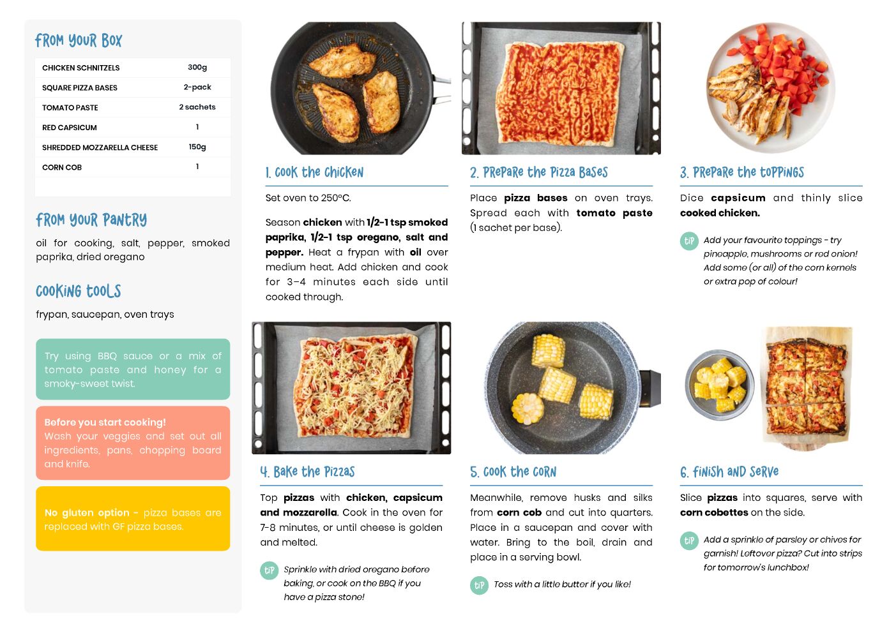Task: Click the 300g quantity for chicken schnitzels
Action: click(197, 67)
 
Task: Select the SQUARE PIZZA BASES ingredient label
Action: click(80, 87)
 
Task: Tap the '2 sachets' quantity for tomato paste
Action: click(197, 107)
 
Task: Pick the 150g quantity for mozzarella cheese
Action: click(197, 147)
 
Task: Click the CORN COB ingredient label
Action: click(61, 167)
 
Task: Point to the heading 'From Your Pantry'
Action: click(91, 220)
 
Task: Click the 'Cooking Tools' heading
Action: click(79, 291)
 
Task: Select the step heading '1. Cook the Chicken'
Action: click(314, 172)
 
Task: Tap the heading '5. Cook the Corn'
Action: click(513, 472)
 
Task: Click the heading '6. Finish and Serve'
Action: click(729, 472)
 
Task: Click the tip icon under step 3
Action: click(689, 241)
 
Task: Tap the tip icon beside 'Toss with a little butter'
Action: click(479, 585)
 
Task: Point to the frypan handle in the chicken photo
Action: click(441, 89)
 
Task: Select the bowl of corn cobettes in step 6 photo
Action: click(719, 385)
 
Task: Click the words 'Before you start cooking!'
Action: click(105, 422)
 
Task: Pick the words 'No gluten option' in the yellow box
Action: click(87, 512)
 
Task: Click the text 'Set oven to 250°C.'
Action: click(308, 198)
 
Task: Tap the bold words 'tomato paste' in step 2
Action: click(614, 213)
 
